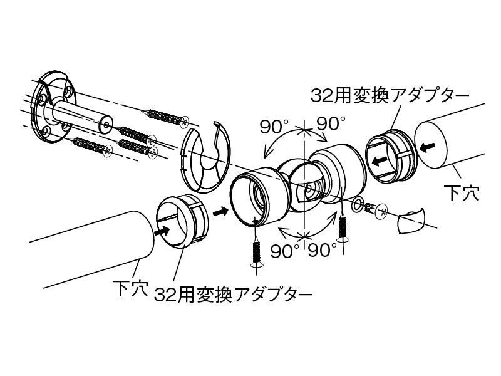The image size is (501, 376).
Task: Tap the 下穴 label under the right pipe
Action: coord(462,192)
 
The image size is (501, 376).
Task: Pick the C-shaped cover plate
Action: coord(204,157)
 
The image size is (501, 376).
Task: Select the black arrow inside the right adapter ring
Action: coord(380,160)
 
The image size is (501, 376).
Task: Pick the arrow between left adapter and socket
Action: coord(220,212)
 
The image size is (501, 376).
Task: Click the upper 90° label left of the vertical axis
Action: coord(273,126)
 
